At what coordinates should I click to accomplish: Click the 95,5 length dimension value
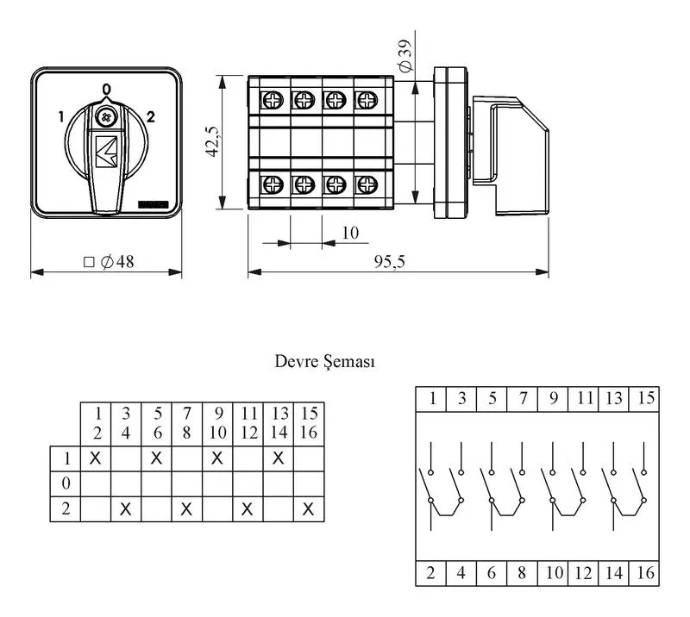[x=390, y=261]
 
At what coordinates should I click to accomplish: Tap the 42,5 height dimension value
[x=212, y=141]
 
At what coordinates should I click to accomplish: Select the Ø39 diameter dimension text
[x=405, y=55]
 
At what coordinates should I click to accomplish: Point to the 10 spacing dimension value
[x=350, y=233]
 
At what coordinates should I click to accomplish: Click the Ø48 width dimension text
[x=109, y=262]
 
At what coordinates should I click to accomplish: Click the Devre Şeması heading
[x=325, y=361]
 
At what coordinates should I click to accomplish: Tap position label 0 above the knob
[x=106, y=90]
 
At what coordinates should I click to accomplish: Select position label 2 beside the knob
[x=151, y=116]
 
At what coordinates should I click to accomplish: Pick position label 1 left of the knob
[x=61, y=116]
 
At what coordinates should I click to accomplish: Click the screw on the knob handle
[x=106, y=117]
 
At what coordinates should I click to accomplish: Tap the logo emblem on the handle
[x=106, y=152]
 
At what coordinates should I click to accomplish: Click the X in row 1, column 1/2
[x=95, y=458]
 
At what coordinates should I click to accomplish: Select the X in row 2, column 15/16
[x=309, y=509]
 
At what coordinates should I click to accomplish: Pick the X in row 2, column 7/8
[x=186, y=509]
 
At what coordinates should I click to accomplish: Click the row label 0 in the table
[x=66, y=483]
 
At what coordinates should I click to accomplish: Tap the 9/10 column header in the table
[x=218, y=423]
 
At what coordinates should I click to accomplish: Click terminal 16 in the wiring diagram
[x=645, y=572]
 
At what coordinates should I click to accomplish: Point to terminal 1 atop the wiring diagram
[x=432, y=398]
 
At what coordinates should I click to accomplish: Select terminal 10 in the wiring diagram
[x=554, y=572]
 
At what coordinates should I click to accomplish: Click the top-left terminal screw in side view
[x=273, y=100]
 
